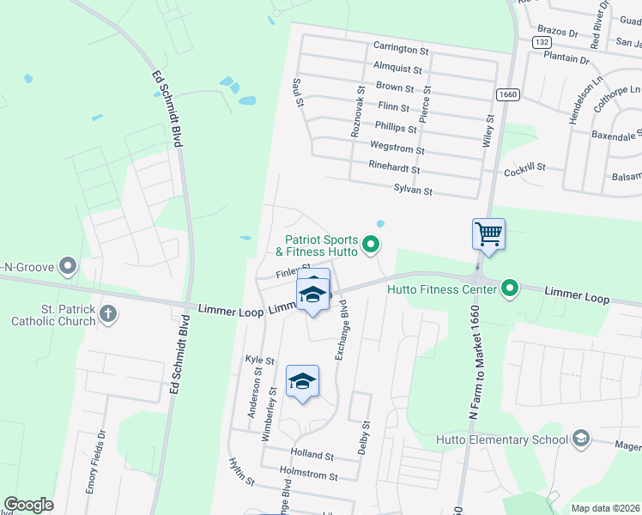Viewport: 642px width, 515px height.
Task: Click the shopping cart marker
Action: tap(488, 233)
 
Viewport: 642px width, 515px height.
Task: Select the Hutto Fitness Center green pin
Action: tap(510, 288)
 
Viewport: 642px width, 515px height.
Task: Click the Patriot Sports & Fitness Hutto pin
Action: tap(371, 245)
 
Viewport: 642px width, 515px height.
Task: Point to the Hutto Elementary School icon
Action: tap(581, 439)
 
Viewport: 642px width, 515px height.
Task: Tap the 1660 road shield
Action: tap(507, 94)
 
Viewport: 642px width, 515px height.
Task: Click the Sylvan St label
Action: tap(413, 190)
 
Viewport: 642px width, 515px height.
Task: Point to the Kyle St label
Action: tap(259, 360)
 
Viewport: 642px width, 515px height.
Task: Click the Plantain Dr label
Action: tap(566, 60)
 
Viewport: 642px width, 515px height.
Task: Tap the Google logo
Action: tap(29, 505)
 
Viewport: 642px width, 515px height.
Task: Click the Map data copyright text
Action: tap(606, 508)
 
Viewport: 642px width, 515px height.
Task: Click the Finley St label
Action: tap(292, 273)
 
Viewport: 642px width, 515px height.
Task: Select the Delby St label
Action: tap(365, 437)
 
